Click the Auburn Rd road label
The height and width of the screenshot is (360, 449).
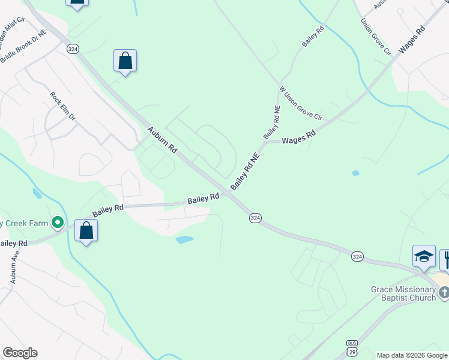(x=163, y=139)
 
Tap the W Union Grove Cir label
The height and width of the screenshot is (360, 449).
(x=301, y=103)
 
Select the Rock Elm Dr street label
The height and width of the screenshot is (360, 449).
(x=62, y=106)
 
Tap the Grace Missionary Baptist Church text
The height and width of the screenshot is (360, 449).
(x=403, y=293)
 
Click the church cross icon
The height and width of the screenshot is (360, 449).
(x=444, y=293)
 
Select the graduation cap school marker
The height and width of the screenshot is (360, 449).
(x=424, y=256)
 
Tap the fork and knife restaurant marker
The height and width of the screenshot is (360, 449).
(x=445, y=259)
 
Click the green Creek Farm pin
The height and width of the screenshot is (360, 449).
(x=58, y=223)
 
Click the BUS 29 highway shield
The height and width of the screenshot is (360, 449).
(x=352, y=347)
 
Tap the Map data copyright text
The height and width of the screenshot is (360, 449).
(x=412, y=355)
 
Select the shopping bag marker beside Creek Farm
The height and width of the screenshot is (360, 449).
(x=86, y=230)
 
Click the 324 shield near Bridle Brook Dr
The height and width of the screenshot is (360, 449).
(x=73, y=49)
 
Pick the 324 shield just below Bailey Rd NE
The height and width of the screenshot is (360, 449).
(x=255, y=218)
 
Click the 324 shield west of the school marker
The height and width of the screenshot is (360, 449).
(x=357, y=256)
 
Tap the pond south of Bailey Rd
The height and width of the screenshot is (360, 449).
(x=184, y=239)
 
